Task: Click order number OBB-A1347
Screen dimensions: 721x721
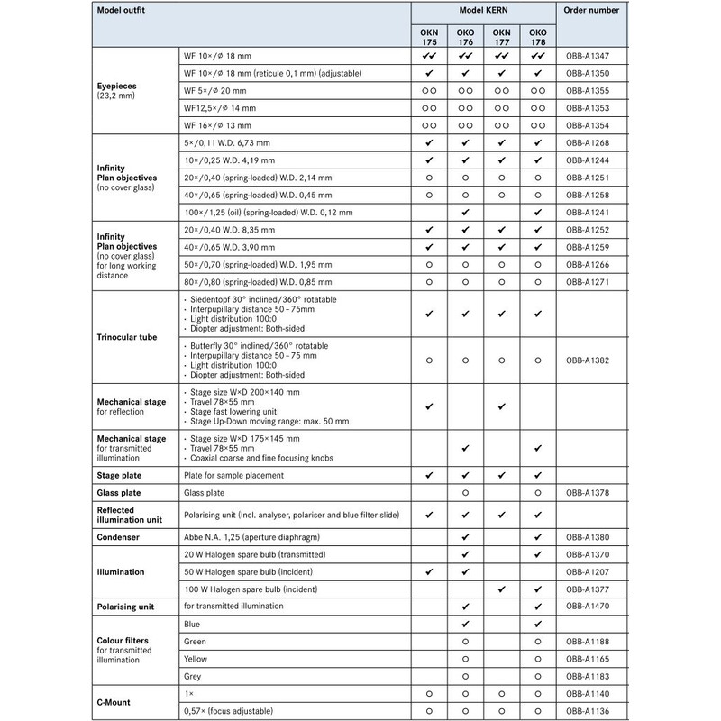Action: pos(592,55)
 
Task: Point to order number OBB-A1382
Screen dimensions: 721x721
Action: pos(592,359)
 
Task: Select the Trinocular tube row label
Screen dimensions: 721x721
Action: pos(127,337)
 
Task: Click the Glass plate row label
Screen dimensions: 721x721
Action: pos(124,493)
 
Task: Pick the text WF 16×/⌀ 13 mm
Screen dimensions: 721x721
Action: pos(217,125)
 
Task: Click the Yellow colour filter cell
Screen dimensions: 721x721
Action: pos(196,659)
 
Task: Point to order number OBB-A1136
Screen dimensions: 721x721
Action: pos(592,711)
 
